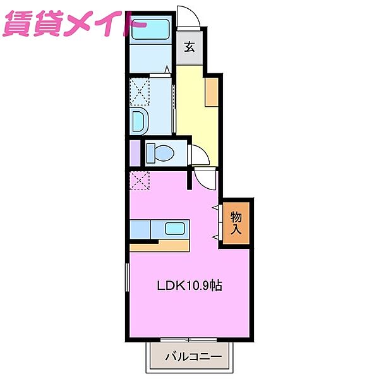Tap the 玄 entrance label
(x=189, y=47)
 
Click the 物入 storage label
(x=237, y=221)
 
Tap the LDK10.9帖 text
(x=189, y=285)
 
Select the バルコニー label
(x=193, y=357)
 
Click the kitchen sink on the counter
(x=174, y=229)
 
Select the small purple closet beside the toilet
(x=134, y=153)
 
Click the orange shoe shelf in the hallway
(x=212, y=92)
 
